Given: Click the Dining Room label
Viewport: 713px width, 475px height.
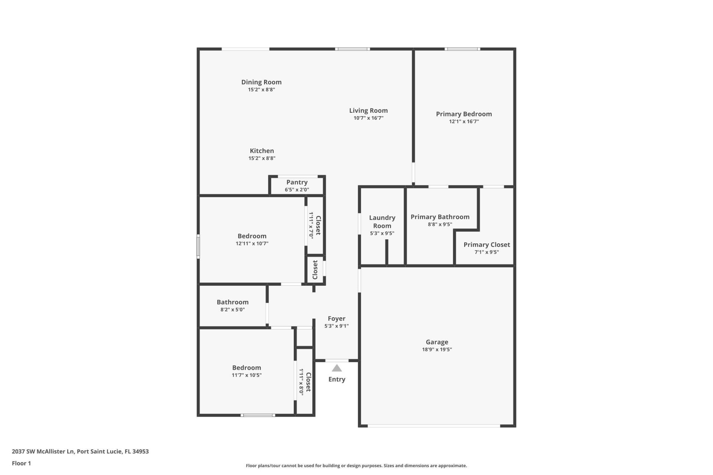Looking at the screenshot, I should (261, 82).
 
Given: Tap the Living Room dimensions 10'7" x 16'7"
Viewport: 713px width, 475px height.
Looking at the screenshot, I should (368, 118).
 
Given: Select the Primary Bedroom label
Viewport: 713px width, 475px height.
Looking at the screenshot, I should (463, 114).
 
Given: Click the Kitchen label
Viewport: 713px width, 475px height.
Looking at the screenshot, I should (261, 151).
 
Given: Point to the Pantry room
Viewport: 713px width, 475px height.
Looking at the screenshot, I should (297, 185).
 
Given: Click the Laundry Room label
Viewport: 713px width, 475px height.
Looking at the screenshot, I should (382, 222).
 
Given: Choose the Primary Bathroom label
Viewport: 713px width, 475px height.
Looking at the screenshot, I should (440, 217).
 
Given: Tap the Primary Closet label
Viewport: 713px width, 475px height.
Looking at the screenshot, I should (486, 245).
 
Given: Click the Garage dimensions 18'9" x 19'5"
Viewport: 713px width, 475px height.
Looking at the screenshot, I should (437, 349).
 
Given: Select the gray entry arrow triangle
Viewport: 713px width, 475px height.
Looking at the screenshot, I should (336, 368).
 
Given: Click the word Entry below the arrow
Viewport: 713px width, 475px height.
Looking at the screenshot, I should (336, 379).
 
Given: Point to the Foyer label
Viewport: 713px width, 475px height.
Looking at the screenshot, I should (336, 318).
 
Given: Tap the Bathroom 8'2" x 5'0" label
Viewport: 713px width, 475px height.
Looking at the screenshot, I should (232, 305).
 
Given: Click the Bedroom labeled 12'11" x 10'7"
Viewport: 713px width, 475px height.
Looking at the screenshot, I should (252, 239).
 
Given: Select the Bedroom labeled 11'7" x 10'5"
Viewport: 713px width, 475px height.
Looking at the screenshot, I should (247, 371).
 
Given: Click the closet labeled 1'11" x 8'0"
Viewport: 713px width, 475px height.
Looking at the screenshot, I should (305, 382).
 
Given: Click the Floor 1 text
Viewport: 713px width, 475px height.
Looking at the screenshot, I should (21, 463).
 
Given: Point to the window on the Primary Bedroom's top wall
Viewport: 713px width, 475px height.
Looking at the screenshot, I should (462, 49).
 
